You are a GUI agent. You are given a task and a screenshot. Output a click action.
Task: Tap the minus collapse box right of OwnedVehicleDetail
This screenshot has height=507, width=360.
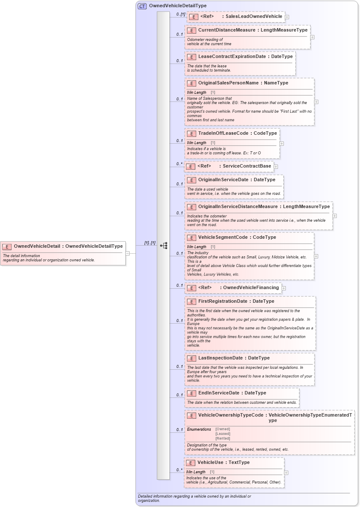pyautogui.click(x=128, y=253)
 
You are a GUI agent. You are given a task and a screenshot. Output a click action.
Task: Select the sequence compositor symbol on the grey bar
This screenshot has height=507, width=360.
pyautogui.click(x=163, y=246)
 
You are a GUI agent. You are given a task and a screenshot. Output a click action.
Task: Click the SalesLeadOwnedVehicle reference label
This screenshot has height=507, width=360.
pyautogui.click(x=254, y=17)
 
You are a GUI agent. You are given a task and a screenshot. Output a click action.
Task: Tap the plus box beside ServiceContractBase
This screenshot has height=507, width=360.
pyautogui.click(x=276, y=167)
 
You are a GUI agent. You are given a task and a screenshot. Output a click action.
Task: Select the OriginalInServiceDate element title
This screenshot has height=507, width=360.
pyautogui.click(x=223, y=180)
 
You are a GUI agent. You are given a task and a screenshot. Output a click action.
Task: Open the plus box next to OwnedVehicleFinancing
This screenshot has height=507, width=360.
pyautogui.click(x=284, y=288)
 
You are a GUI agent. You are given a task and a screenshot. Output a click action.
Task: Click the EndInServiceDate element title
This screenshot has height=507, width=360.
pyautogui.click(x=218, y=393)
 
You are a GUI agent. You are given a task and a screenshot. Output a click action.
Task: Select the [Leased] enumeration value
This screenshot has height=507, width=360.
pyautogui.click(x=223, y=434)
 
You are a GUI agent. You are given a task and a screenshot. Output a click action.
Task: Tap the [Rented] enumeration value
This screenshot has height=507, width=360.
pyautogui.click(x=223, y=438)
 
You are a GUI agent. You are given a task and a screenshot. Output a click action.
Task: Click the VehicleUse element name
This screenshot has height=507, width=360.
pyautogui.click(x=211, y=463)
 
